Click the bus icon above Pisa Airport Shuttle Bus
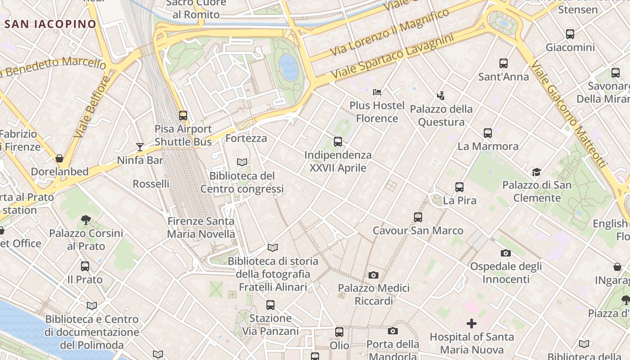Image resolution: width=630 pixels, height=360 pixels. pyautogui.click(x=183, y=116)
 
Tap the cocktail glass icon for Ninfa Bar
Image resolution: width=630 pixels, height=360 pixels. pyautogui.click(x=140, y=147)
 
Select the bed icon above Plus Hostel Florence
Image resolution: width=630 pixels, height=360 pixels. pyautogui.click(x=377, y=92)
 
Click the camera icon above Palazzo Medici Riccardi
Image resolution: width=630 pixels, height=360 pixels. pyautogui.click(x=373, y=275)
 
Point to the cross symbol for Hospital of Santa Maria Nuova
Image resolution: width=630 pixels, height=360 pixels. pyautogui.click(x=471, y=324)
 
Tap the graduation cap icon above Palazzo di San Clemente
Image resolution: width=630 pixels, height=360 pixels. pyautogui.click(x=536, y=172)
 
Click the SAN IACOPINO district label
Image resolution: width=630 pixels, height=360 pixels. pyautogui.click(x=50, y=24)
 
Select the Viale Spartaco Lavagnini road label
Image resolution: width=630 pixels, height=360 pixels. pyautogui.click(x=392, y=56)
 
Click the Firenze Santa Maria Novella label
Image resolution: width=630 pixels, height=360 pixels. pyautogui.click(x=201, y=227)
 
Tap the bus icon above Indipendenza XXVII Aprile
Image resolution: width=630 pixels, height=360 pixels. pyautogui.click(x=338, y=142)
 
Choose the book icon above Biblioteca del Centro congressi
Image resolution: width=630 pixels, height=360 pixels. pyautogui.click(x=242, y=162)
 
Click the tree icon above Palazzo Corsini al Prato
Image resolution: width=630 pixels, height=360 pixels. pyautogui.click(x=86, y=220)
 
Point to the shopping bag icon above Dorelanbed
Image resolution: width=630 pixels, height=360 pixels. pyautogui.click(x=59, y=158)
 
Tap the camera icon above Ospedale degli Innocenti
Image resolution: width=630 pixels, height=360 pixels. pyautogui.click(x=506, y=253)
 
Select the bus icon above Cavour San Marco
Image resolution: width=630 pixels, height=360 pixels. pyautogui.click(x=418, y=217)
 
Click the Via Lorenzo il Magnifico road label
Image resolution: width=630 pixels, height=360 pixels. pyautogui.click(x=390, y=32)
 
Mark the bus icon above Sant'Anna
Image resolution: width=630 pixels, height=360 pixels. pyautogui.click(x=504, y=63)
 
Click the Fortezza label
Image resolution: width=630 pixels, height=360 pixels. pyautogui.click(x=246, y=138)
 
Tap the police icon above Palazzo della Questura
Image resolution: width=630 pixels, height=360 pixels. pyautogui.click(x=441, y=95)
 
